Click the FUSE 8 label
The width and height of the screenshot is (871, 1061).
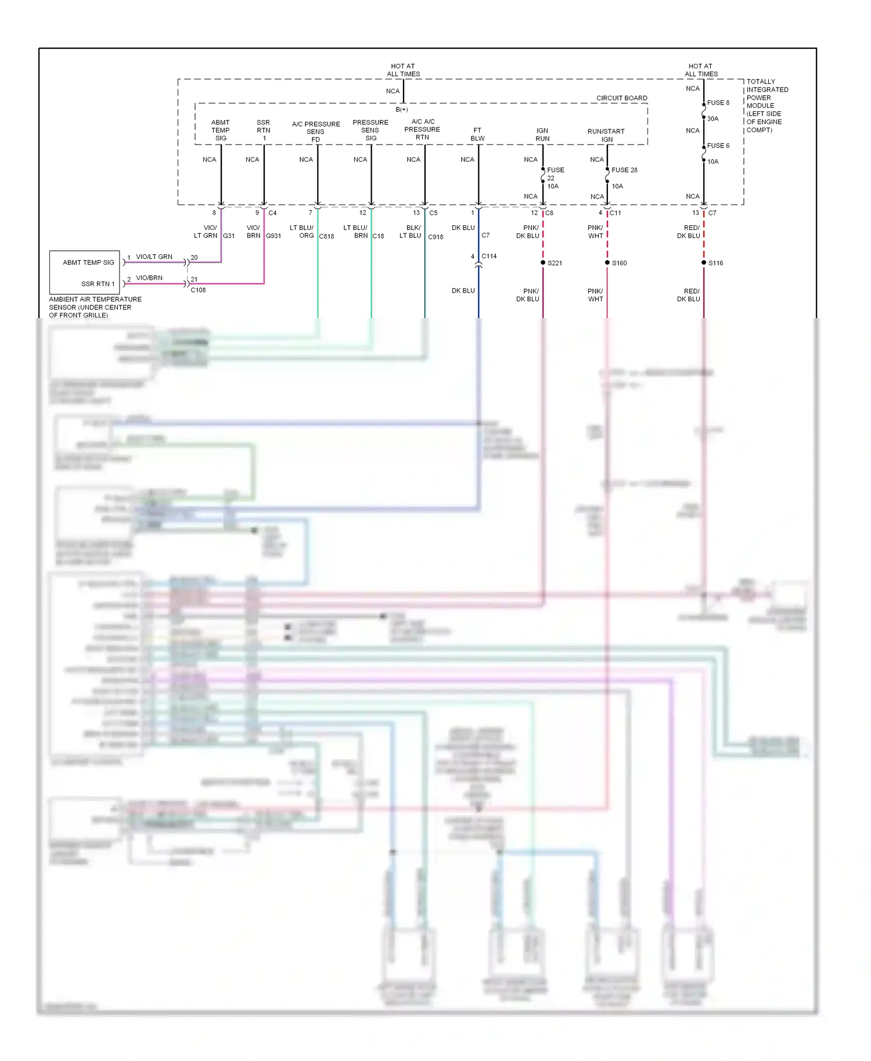coord(718,103)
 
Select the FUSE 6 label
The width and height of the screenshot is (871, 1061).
coord(718,146)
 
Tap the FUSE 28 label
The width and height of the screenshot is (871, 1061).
coord(624,170)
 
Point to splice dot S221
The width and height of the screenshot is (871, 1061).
coord(543,263)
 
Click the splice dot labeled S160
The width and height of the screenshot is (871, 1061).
coord(607,263)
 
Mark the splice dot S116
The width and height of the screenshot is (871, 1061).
coord(704,263)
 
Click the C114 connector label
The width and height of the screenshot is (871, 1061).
coord(489,256)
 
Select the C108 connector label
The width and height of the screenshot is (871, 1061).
coord(198,290)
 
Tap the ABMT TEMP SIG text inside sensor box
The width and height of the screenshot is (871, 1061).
coord(88,262)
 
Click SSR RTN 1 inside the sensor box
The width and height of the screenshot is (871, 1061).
coord(98,284)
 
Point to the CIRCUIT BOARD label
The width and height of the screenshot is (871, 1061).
coord(621,98)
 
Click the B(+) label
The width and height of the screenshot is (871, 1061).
coord(402,109)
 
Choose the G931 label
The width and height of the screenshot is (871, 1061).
coord(273,236)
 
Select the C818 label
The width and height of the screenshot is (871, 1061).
coord(326,236)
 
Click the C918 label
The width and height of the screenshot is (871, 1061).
coord(435,237)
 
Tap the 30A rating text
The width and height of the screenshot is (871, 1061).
coord(712,118)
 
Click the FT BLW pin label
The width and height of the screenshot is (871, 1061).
coord(477,134)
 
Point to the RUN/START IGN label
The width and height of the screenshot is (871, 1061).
coord(606,135)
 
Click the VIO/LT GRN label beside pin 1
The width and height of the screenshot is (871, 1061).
coord(154,257)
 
